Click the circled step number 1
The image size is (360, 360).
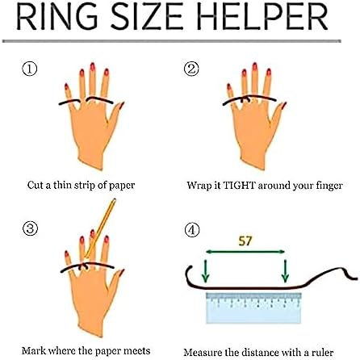[x=29, y=69]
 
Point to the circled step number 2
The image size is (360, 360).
[x=191, y=69]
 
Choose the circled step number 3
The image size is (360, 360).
[x=30, y=229]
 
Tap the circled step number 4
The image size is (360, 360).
[x=192, y=230]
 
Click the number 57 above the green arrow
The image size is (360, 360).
[x=245, y=241]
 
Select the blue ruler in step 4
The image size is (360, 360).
[x=253, y=308]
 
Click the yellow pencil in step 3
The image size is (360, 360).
[x=100, y=228]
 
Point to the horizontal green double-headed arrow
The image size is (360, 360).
[x=245, y=252]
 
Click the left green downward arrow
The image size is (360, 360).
[x=206, y=271]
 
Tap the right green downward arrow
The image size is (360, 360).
[x=285, y=271]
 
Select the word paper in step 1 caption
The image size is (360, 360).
[x=122, y=186]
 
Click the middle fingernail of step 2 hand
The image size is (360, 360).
[x=254, y=66]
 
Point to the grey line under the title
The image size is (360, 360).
[x=172, y=41]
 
